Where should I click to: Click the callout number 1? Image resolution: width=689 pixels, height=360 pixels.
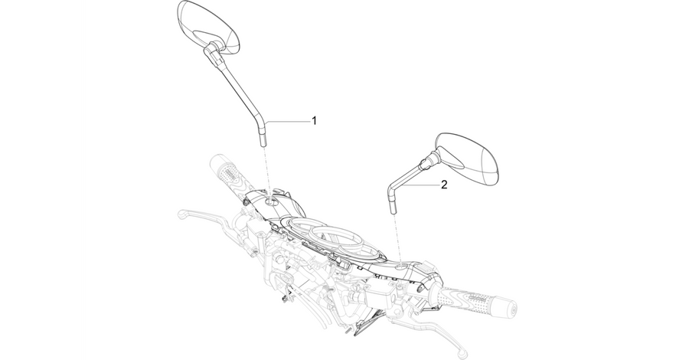(314, 120)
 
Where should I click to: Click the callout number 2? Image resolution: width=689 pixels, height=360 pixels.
(444, 185)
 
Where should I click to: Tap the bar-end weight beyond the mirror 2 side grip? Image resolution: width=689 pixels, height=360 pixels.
(509, 308)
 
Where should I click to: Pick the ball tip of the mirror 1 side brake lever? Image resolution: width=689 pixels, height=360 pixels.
(181, 214)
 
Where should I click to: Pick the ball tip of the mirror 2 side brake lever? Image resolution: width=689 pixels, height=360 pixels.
(462, 353)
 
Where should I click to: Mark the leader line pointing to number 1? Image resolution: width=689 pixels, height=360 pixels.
(287, 121)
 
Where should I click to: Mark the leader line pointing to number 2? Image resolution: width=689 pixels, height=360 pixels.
(421, 185)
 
